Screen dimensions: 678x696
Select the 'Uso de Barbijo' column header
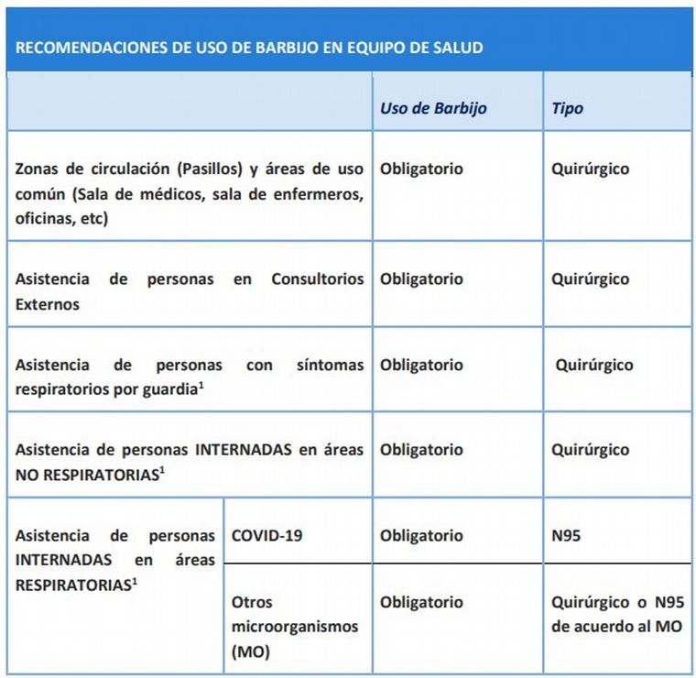pyautogui.click(x=433, y=108)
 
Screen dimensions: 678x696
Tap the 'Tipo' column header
pyautogui.click(x=567, y=108)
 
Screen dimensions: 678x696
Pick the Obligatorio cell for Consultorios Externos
pyautogui.click(x=421, y=279)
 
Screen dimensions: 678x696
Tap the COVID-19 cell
pyautogui.click(x=266, y=535)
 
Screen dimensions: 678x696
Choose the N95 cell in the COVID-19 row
pyautogui.click(x=565, y=535)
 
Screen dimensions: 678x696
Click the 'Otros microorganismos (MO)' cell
pyautogui.click(x=294, y=628)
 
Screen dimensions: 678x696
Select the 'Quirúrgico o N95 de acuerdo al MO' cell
pyautogui.click(x=616, y=616)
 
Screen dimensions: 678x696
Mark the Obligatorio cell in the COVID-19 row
pyautogui.click(x=421, y=535)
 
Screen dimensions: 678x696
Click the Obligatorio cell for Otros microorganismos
pyautogui.click(x=421, y=603)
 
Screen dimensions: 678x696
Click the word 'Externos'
pyautogui.click(x=47, y=304)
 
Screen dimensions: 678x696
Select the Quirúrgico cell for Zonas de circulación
pyautogui.click(x=590, y=169)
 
